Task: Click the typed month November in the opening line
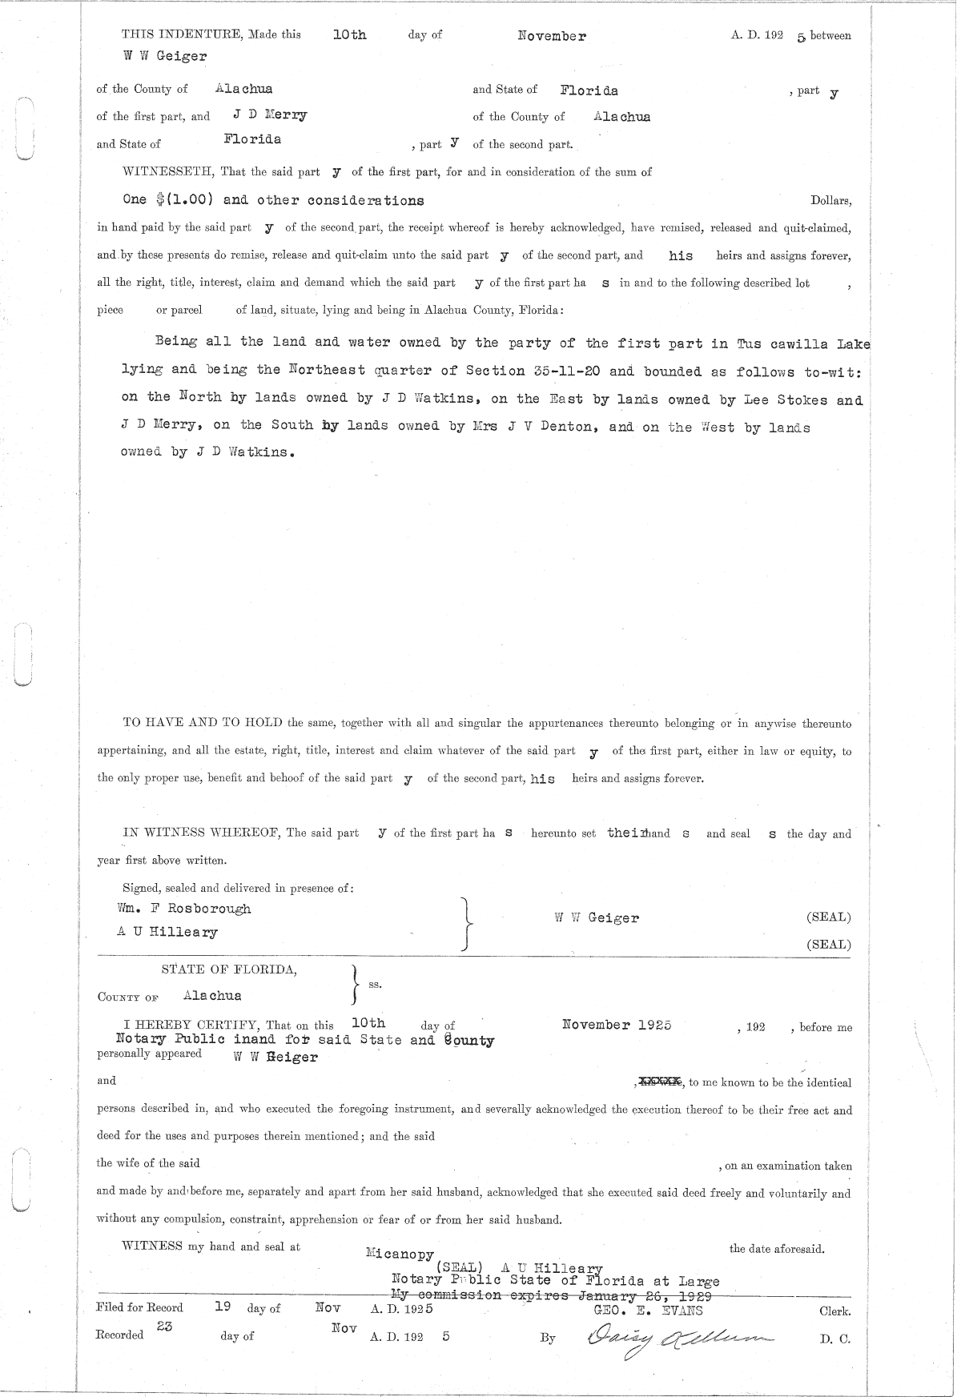tap(552, 36)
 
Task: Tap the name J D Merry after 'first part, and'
tap(270, 115)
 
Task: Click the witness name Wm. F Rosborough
tap(184, 909)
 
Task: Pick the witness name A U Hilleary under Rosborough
tap(167, 932)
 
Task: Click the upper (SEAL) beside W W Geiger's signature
tap(828, 917)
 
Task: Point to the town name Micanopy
tap(400, 1254)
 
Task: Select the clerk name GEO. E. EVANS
tap(648, 1310)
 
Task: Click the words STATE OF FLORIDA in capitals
tap(229, 969)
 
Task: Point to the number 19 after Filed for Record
tap(223, 1306)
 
